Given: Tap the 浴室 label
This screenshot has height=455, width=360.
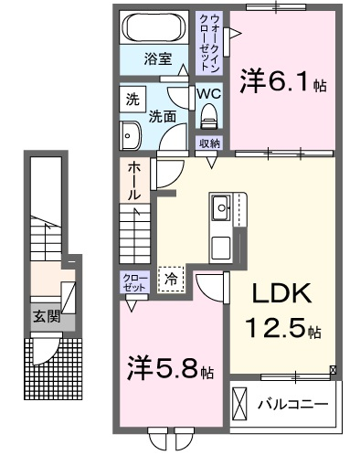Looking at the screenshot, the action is pyautogui.click(x=158, y=58).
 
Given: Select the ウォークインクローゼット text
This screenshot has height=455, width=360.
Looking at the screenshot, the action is pyautogui.click(x=209, y=43).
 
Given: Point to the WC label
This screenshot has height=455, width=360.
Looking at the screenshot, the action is pyautogui.click(x=209, y=94).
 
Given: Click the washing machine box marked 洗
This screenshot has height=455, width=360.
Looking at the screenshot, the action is pyautogui.click(x=132, y=100).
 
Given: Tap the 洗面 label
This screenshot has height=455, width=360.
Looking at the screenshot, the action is pyautogui.click(x=163, y=117).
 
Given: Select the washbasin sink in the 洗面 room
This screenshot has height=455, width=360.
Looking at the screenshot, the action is pyautogui.click(x=130, y=136).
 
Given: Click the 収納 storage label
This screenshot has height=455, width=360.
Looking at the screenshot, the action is pyautogui.click(x=209, y=143).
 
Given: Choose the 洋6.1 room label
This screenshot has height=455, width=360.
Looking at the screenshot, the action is pyautogui.click(x=283, y=80).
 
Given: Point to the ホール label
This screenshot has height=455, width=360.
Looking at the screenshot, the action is pyautogui.click(x=134, y=181).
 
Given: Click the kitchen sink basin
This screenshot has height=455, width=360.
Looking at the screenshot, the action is pyautogui.click(x=220, y=208).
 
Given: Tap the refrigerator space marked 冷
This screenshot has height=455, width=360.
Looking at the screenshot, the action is pyautogui.click(x=171, y=280).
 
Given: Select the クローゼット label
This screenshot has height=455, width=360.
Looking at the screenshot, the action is pyautogui.click(x=134, y=282).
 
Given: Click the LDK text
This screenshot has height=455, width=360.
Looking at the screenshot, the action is pyautogui.click(x=281, y=293).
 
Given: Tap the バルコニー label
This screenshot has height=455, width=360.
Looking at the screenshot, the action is pyautogui.click(x=293, y=405).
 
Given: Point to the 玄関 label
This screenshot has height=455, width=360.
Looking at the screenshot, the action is pyautogui.click(x=47, y=317).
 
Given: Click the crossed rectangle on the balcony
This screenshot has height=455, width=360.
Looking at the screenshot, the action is pyautogui.click(x=238, y=404).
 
